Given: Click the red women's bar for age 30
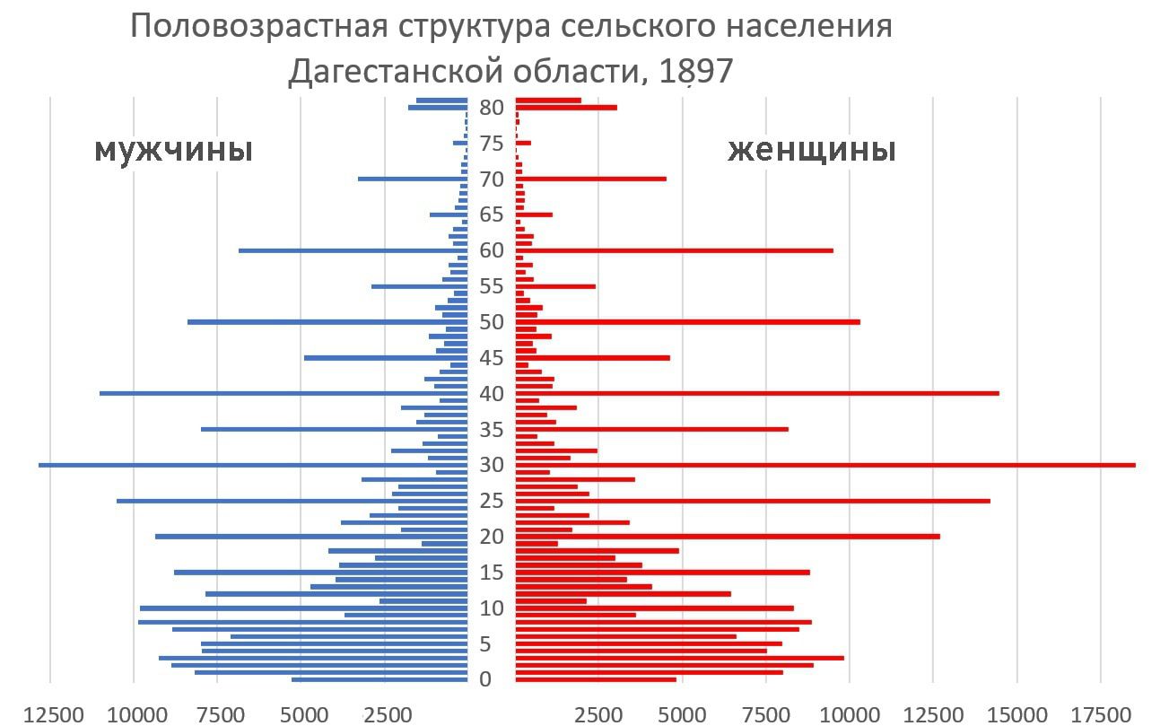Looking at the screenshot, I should coord(825,465).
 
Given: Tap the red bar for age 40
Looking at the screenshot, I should coord(757,393).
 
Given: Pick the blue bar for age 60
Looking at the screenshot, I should coord(353,250).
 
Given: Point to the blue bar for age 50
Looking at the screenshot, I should coord(327,321).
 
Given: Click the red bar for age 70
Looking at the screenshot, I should coord(591,179).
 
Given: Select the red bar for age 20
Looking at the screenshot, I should coord(728,537).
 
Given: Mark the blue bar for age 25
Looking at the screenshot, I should coord(292,501).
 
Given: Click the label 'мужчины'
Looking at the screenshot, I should coord(173,150).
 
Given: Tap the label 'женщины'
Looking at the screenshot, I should coord(811,150).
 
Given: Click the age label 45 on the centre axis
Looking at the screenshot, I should coord(492,358).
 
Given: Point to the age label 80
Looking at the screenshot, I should coord(492,108).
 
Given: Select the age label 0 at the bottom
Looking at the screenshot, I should coord(485,679).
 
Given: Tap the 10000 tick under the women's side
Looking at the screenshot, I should coord(848,715).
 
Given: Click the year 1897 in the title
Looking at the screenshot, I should coord(695,72).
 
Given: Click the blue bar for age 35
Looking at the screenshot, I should coord(335,429).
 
